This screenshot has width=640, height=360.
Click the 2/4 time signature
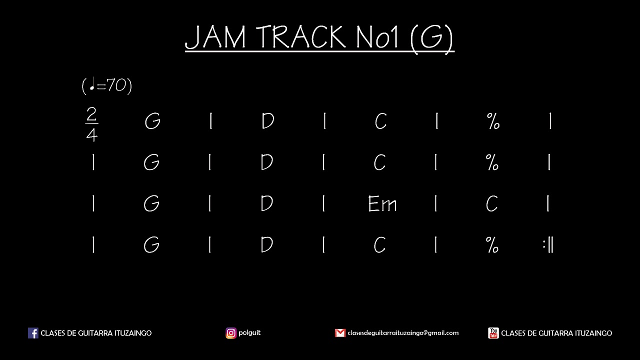point(91,124)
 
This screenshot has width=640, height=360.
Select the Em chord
point(382,204)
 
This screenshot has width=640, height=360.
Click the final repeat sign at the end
point(548,245)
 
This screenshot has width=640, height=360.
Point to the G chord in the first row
point(152,122)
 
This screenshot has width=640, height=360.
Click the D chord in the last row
point(267,245)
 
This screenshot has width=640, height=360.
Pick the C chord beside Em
point(492,204)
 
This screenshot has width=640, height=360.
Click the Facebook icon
point(33,333)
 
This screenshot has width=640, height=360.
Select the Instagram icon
point(231,333)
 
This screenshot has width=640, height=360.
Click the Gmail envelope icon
point(340,333)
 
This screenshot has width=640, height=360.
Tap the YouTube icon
point(493,333)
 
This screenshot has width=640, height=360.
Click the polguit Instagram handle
point(249,332)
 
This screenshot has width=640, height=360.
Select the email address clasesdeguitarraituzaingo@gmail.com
point(403,333)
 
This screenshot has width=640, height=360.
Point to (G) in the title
point(431,37)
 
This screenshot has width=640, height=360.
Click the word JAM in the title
point(215,37)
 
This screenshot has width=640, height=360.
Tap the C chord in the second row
point(380,163)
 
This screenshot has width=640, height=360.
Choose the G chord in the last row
point(151,245)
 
